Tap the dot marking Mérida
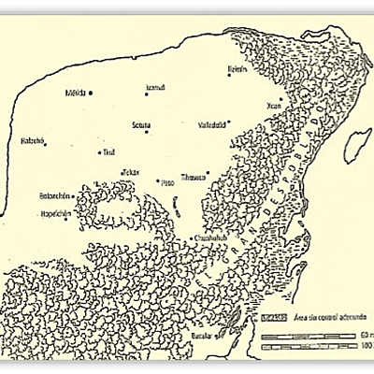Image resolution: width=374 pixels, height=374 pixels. pyautogui.click(x=91, y=93)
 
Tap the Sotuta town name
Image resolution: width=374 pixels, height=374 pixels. pyautogui.click(x=142, y=122)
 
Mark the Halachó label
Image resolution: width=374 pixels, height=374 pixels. pyautogui.click(x=32, y=141)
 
